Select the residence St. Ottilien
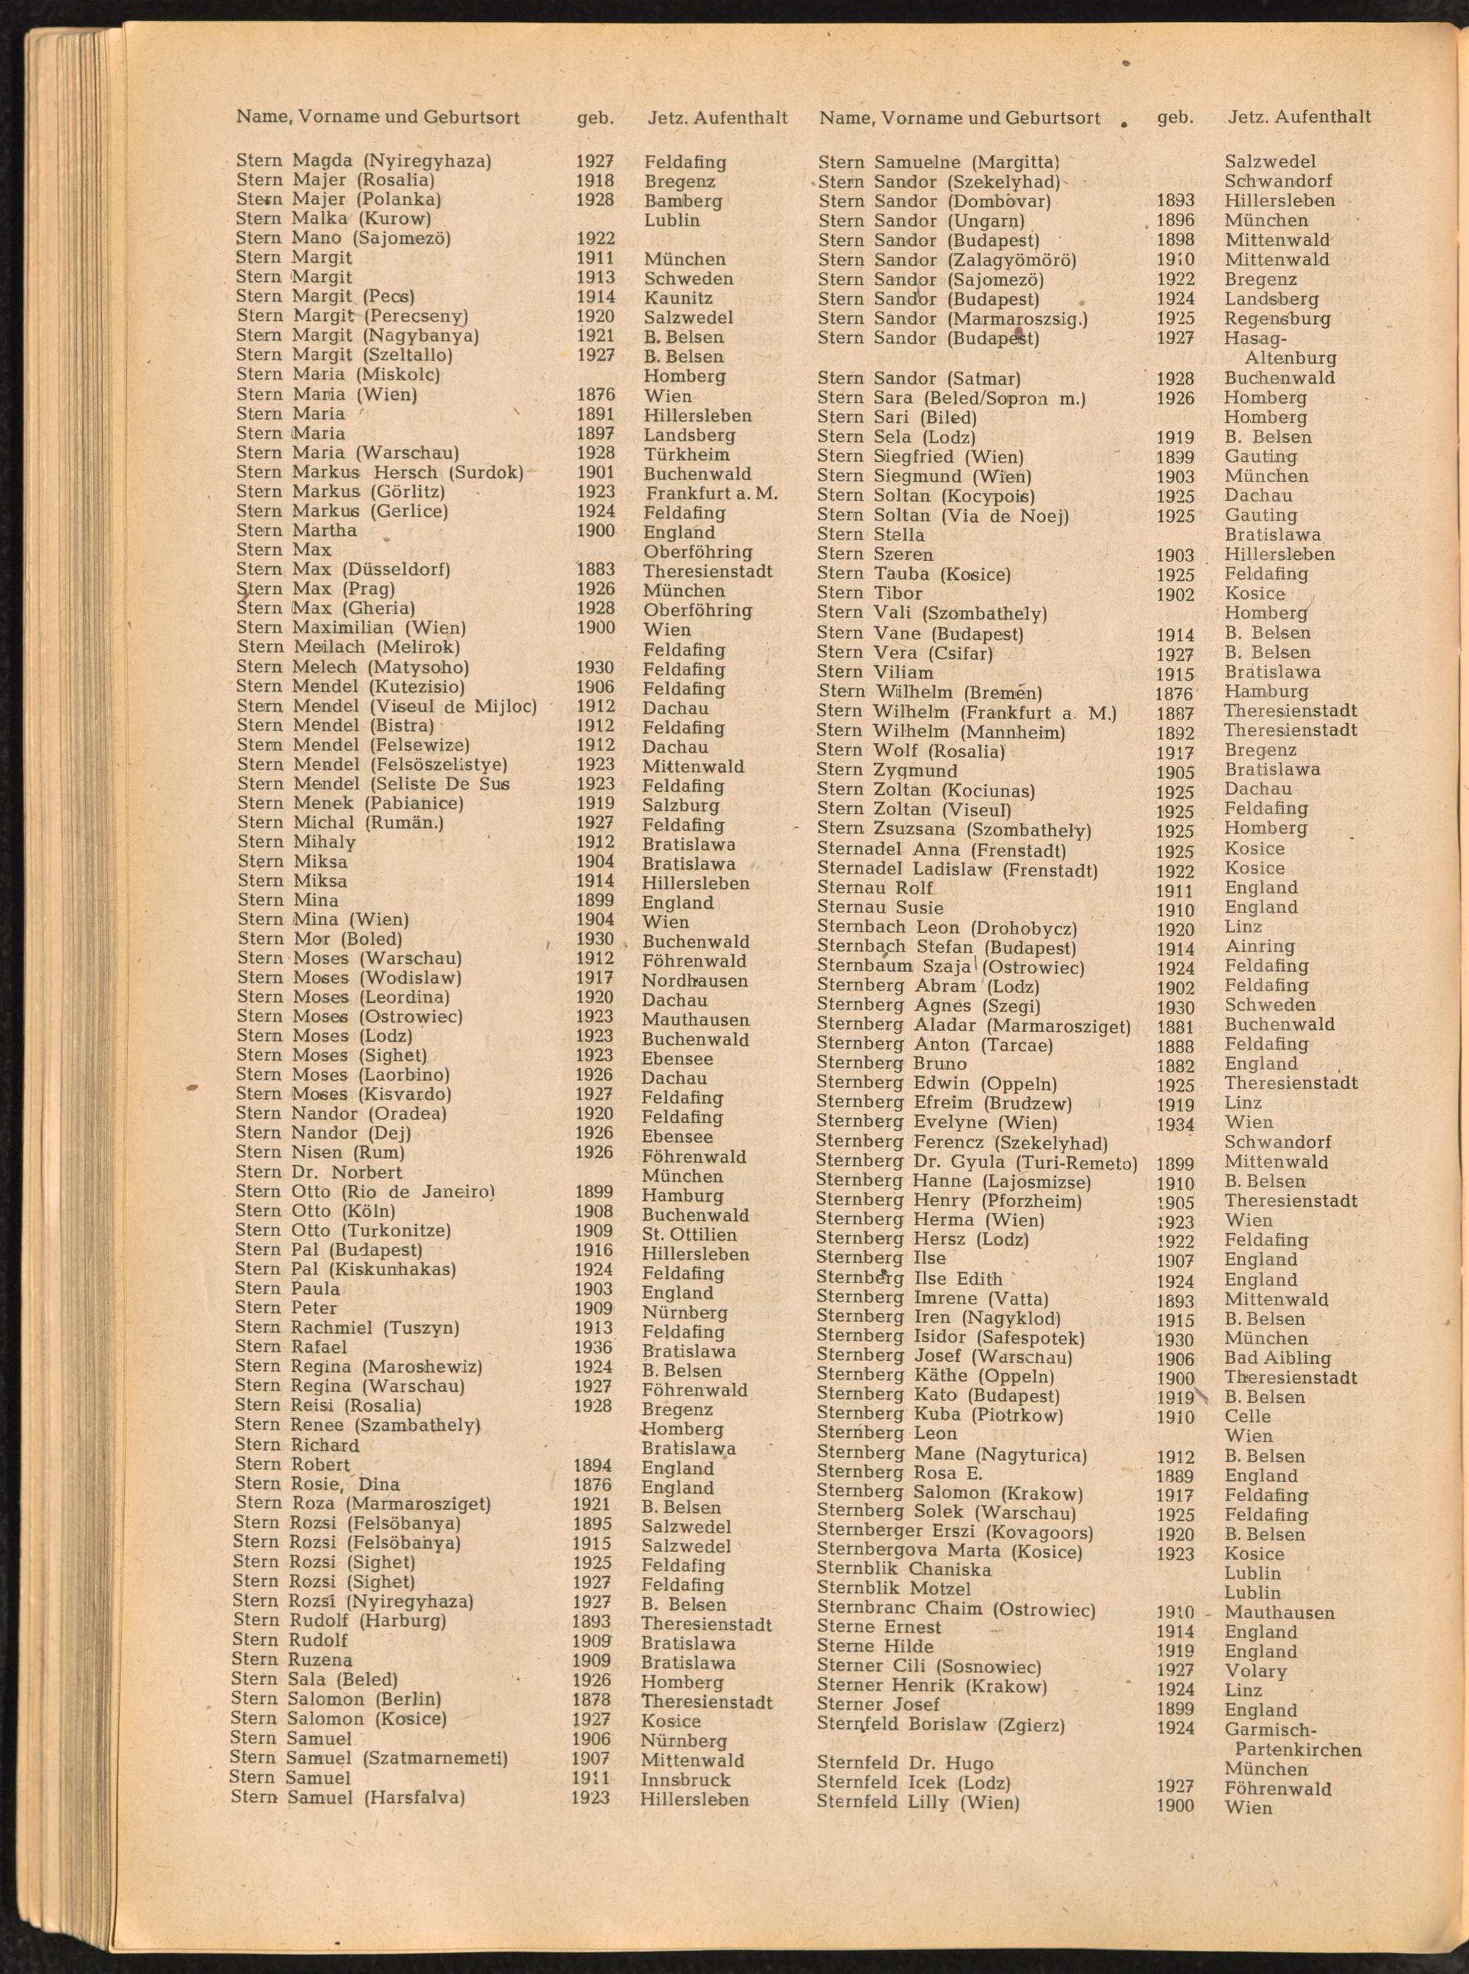tap(688, 1235)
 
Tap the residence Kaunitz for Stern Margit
tap(678, 298)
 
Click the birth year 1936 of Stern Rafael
tap(594, 1346)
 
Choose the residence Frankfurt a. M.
tap(712, 493)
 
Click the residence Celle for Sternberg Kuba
tap(1248, 1416)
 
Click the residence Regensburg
tap(1277, 318)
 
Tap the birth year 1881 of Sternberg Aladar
tap(1174, 1026)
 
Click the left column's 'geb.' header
tap(595, 117)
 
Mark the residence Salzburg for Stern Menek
tap(680, 805)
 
